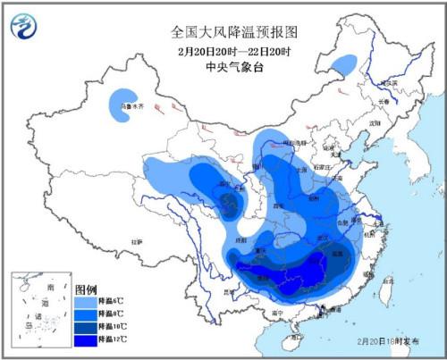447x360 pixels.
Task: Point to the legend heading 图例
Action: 87,290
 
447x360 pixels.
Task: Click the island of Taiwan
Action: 385,293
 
